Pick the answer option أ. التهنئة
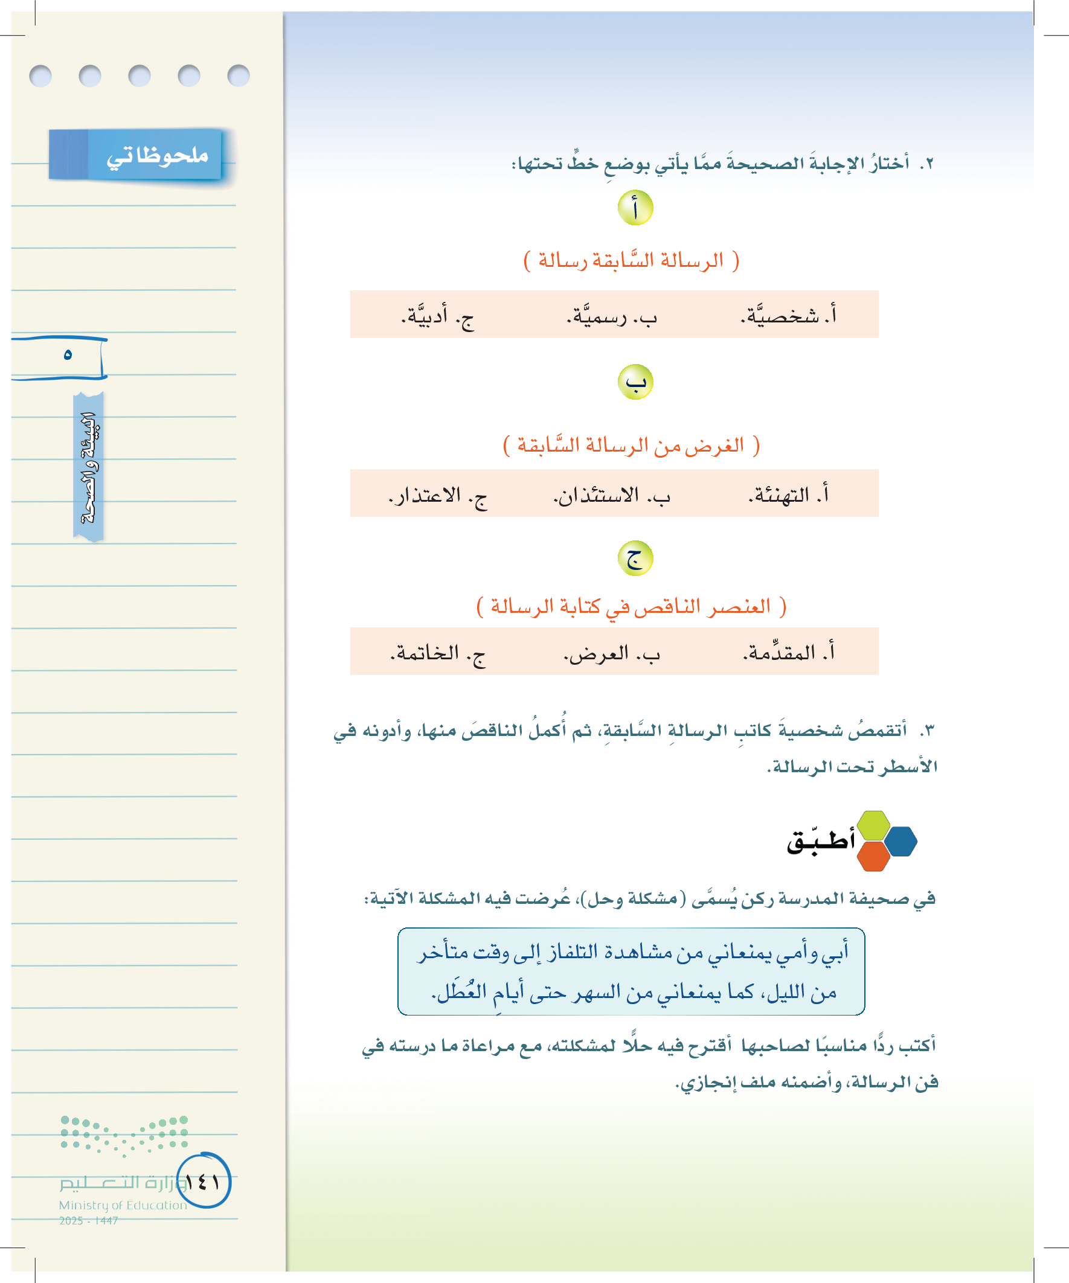pos(788,494)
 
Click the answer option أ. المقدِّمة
pos(788,653)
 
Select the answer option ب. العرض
pos(611,653)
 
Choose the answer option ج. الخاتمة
pos(438,653)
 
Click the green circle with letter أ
pos(635,208)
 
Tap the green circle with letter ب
pos(635,382)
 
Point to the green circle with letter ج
pos(635,558)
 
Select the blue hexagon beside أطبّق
pos(901,841)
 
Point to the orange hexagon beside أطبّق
pos(873,857)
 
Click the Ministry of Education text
pos(123,1205)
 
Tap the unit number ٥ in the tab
pos(68,354)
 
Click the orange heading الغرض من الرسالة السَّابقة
pos(631,446)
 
